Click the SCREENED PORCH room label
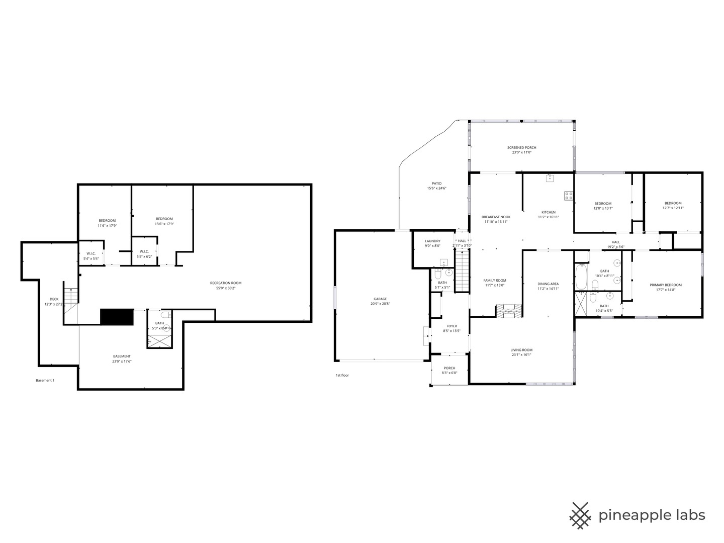pyautogui.click(x=521, y=148)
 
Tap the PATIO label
pyautogui.click(x=436, y=184)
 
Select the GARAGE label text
pyautogui.click(x=380, y=299)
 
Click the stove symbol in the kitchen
pyautogui.click(x=569, y=196)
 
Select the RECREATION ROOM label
pyautogui.click(x=226, y=283)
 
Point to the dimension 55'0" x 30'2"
pyautogui.click(x=226, y=289)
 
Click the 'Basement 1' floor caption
pyautogui.click(x=45, y=381)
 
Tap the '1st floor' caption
pyautogui.click(x=342, y=375)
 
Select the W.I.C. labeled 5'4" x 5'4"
pyautogui.click(x=91, y=253)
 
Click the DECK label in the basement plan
pyautogui.click(x=54, y=299)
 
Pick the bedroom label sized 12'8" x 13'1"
pyautogui.click(x=603, y=204)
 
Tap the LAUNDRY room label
pyautogui.click(x=432, y=241)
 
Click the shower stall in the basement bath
pyautogui.click(x=159, y=341)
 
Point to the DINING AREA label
pyautogui.click(x=548, y=284)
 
